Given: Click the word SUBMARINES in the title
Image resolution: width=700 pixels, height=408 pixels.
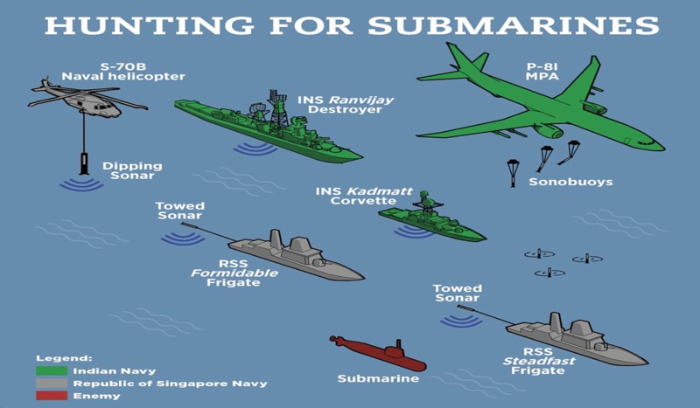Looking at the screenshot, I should pos(513,25).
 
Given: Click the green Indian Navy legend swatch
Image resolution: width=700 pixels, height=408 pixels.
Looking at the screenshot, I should pos(52,370).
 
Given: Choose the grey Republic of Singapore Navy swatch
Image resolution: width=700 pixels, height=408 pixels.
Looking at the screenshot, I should pos(52,383).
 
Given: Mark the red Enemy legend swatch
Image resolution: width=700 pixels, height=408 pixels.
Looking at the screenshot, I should pos(52,396).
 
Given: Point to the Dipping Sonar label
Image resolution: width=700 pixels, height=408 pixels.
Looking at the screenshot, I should pos(128,170).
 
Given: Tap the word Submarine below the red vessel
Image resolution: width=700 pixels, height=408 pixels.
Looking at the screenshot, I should pos(378,379).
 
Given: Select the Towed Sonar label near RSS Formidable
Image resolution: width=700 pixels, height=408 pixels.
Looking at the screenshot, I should pos(180,211).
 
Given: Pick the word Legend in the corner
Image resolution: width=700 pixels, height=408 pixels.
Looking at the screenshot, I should pos(64,357).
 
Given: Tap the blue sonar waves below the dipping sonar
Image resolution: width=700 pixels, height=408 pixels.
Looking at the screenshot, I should pos(80,184).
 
